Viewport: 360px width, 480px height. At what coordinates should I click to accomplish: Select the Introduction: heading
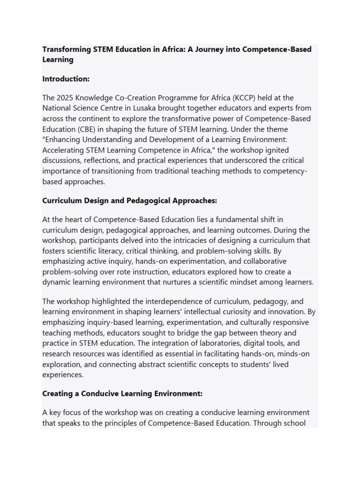click(x=66, y=79)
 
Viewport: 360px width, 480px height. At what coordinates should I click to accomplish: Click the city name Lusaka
click(x=144, y=108)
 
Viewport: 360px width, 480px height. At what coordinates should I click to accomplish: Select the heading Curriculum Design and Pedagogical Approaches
click(x=130, y=201)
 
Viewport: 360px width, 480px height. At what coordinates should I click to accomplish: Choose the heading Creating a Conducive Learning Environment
click(x=122, y=393)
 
